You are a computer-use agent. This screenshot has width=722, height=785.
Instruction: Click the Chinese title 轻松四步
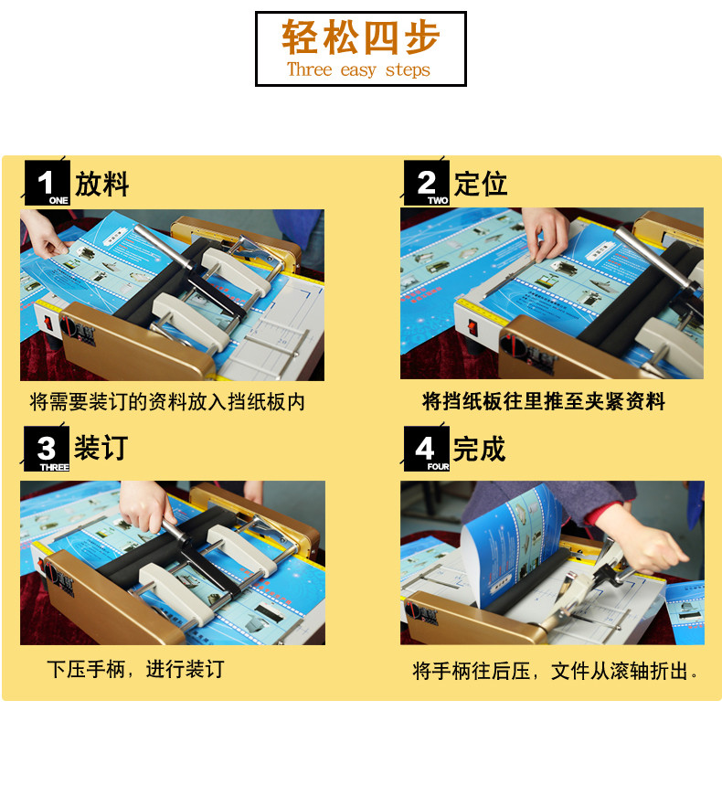(360, 37)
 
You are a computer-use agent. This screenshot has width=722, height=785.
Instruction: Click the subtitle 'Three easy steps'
(358, 69)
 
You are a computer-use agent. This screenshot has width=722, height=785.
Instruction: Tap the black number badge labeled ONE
(47, 184)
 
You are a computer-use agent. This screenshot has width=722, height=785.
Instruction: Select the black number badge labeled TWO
(427, 184)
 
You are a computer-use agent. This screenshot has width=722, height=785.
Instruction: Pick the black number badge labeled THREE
(47, 449)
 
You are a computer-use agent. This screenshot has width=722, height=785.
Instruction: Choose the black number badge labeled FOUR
(427, 449)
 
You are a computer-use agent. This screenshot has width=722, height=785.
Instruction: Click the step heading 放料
(102, 184)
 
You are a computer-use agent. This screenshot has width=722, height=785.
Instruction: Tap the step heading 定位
(481, 184)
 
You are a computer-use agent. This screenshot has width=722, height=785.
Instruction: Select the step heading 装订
(101, 448)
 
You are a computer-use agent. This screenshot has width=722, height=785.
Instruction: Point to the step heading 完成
(479, 449)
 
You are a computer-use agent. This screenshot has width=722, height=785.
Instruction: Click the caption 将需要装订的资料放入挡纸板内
(167, 402)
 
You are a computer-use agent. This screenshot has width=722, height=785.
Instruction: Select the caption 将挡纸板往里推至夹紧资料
(544, 401)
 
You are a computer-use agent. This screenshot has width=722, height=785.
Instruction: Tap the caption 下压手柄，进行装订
(135, 669)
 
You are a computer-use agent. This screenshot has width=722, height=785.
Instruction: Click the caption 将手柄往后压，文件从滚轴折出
(556, 671)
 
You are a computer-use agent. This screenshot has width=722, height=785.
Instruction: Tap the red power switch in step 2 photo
(472, 329)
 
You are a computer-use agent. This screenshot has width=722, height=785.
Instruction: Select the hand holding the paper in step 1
(44, 234)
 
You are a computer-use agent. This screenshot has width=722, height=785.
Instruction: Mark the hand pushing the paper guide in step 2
(545, 233)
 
